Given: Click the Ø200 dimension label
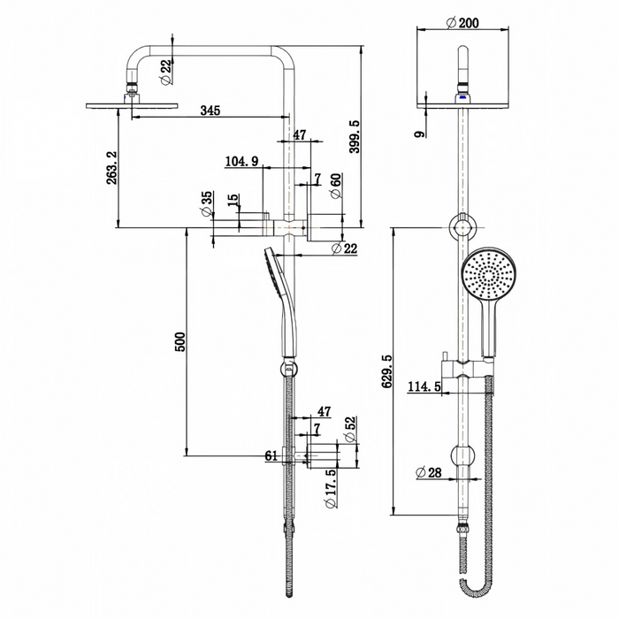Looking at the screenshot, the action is (462, 23).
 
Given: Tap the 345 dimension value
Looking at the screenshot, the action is (210, 111).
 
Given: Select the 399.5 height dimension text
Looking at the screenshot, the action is (355, 137).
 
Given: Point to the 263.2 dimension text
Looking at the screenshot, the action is (112, 167).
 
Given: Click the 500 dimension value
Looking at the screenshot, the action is (180, 342).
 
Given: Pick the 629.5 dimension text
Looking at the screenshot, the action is (387, 371).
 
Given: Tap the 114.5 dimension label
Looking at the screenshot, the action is (424, 386).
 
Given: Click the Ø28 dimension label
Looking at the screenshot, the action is (429, 472).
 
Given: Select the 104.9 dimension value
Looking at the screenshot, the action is (241, 161).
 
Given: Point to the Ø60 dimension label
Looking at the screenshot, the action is (335, 186).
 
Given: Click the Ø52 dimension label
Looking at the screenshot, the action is (350, 429).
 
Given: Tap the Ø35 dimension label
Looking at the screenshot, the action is (206, 204).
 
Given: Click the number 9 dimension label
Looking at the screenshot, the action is (420, 134).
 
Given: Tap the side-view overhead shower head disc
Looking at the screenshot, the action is (132, 105).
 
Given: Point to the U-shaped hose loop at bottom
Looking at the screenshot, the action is (477, 588).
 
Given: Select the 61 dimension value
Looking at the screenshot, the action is (271, 456).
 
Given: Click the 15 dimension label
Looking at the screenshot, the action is (233, 199).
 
